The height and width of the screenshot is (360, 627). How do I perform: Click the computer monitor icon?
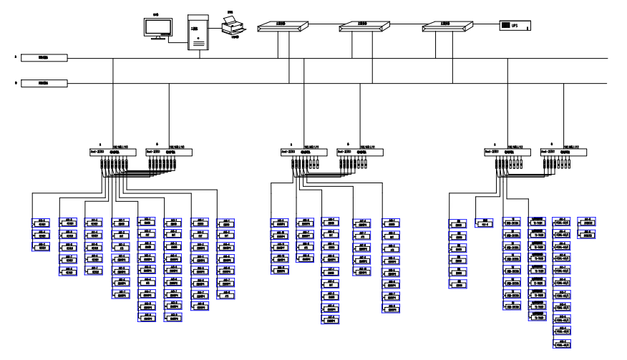pyautogui.click(x=157, y=26)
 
